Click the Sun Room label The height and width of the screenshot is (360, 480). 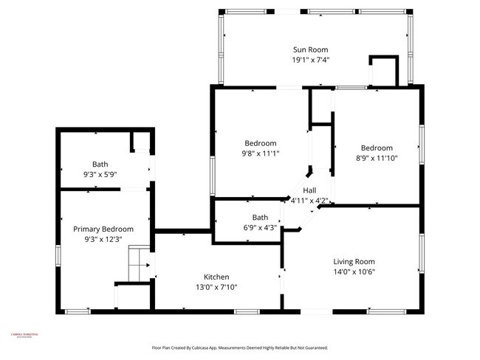tap(311, 49)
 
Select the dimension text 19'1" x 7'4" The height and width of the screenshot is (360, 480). tap(311, 60)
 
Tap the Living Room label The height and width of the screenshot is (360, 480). tap(354, 261)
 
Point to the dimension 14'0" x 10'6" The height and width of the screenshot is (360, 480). tap(354, 272)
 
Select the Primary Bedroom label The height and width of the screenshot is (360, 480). tap(103, 229)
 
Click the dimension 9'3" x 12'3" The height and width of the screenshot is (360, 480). tap(103, 240)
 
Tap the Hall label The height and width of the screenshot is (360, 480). tap(309, 190)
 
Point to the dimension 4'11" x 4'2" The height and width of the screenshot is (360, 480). tap(309, 200)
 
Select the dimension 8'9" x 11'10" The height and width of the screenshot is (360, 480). tap(377, 158)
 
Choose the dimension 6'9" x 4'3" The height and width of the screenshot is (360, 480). tap(260, 228)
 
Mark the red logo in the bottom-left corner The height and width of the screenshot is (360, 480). tap(24, 336)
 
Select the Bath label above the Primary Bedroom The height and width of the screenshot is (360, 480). tap(100, 164)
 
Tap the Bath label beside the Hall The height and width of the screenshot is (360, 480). tap(260, 218)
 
